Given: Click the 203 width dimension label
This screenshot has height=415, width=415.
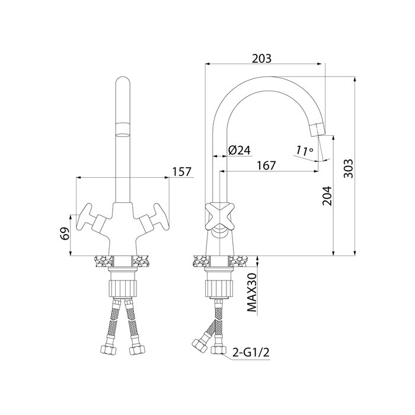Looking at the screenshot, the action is point(261,59).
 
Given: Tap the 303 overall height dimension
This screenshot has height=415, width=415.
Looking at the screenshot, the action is point(349,168).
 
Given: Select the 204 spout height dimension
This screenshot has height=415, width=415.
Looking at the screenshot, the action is point(327,196).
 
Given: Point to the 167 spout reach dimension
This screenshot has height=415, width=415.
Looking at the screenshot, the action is point(266,165).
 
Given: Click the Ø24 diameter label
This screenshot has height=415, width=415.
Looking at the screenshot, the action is point(239,151).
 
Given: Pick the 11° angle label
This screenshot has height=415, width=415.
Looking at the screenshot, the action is point(305,151).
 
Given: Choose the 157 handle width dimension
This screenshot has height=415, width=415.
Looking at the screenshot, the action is point(181,172).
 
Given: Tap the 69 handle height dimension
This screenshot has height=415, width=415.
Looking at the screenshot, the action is point(65,234).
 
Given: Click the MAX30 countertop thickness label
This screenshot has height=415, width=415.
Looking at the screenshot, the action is point(252,292).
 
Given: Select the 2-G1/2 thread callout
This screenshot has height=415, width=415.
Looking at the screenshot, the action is point(251,352).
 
